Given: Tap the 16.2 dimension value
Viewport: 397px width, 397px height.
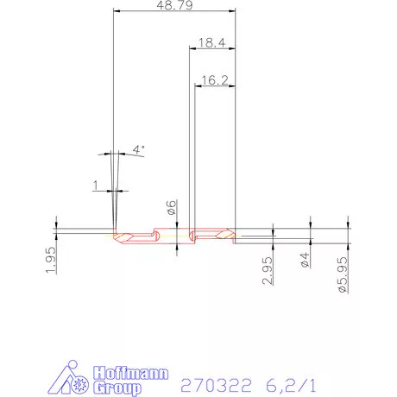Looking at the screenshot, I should coord(214,79).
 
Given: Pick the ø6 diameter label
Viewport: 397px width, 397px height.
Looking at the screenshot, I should coord(172,207).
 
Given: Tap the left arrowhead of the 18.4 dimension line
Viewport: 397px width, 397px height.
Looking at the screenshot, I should coord(192,48).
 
